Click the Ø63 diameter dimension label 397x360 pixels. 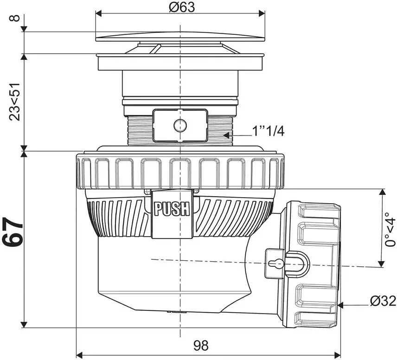(182, 7)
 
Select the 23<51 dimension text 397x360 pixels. (14, 102)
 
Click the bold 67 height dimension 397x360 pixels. (12, 232)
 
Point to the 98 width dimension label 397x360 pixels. (201, 345)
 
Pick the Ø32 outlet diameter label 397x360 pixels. (383, 301)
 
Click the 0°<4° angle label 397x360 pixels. (390, 229)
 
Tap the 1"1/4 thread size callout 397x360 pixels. (269, 131)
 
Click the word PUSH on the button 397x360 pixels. (172, 209)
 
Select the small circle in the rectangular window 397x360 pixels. (180, 125)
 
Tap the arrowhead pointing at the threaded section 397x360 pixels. (226, 135)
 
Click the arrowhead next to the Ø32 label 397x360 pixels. (341, 305)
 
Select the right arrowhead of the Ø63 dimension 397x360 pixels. (262, 13)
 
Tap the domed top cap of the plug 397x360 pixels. (180, 37)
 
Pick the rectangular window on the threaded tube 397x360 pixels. (180, 125)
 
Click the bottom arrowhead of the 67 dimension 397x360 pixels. (24, 324)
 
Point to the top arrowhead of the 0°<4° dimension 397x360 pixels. (382, 192)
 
